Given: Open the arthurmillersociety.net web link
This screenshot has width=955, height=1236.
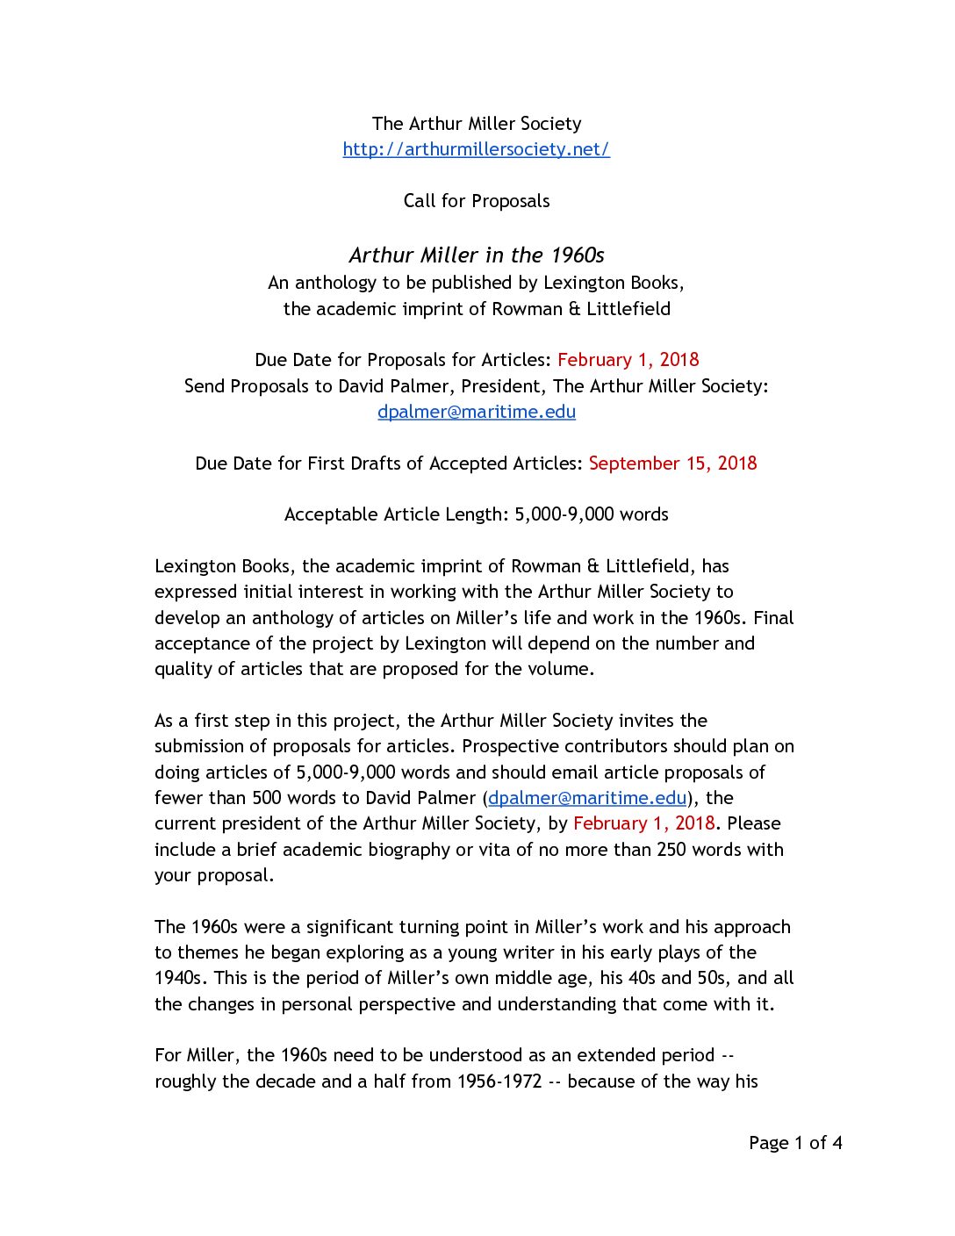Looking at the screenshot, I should point(476,149).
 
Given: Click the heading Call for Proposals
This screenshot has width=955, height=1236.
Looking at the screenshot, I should point(477,201).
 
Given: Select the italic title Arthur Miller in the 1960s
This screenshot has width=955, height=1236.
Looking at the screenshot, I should point(477,255).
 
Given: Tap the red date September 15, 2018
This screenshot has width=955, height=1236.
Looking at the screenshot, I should point(672,463).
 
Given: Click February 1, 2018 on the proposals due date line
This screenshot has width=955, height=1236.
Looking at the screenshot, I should point(628,360).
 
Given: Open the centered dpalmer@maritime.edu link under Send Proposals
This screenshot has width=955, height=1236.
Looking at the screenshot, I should point(477,412).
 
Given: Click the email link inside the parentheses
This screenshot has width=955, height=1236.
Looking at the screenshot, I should point(587,798).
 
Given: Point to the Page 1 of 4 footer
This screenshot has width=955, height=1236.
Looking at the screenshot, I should point(795,1143).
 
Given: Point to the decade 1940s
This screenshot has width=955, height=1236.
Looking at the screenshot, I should point(178,978).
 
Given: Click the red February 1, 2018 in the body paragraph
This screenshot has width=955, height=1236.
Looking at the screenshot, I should point(643,823).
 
